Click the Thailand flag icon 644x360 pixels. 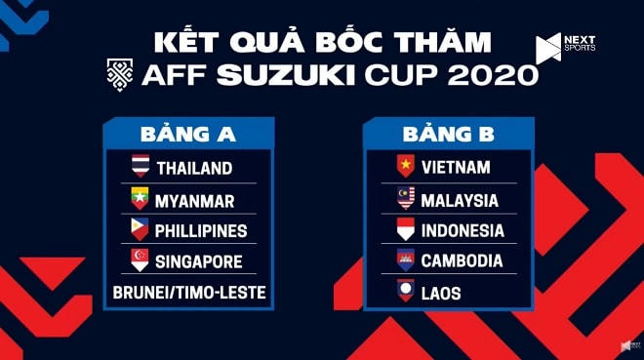click(x=141, y=167)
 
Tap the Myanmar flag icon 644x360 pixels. click(x=141, y=199)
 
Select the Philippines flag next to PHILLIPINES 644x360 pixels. click(x=141, y=230)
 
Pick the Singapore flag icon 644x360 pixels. click(x=141, y=260)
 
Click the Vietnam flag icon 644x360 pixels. click(x=405, y=167)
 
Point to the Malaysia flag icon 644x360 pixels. click(x=405, y=200)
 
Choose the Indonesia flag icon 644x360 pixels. click(x=405, y=230)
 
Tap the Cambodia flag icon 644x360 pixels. click(x=405, y=260)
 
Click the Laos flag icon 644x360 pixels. click(x=405, y=291)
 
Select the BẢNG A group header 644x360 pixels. click(x=188, y=133)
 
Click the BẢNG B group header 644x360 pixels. click(x=448, y=133)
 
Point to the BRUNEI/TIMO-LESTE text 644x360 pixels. click(x=188, y=292)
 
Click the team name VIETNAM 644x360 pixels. click(x=455, y=168)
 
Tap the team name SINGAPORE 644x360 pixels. click(x=199, y=261)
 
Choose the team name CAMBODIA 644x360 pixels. click(x=462, y=261)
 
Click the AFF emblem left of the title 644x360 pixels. click(x=122, y=74)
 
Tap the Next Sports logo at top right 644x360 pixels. click(x=565, y=47)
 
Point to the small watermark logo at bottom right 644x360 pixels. click(x=629, y=346)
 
